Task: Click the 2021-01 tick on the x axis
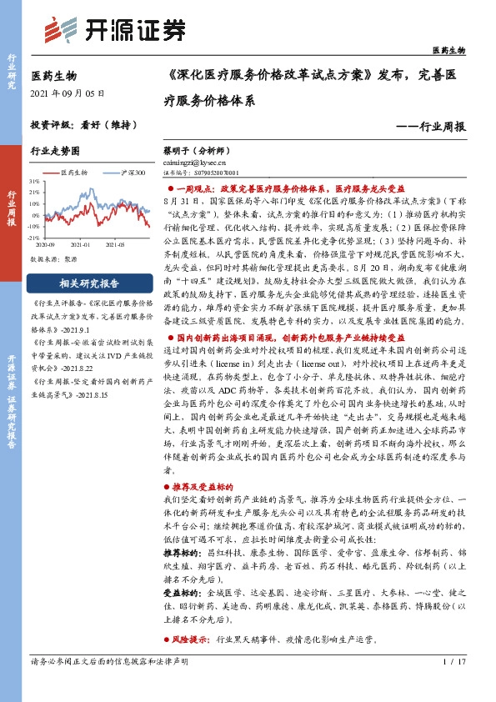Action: tap(81, 244)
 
